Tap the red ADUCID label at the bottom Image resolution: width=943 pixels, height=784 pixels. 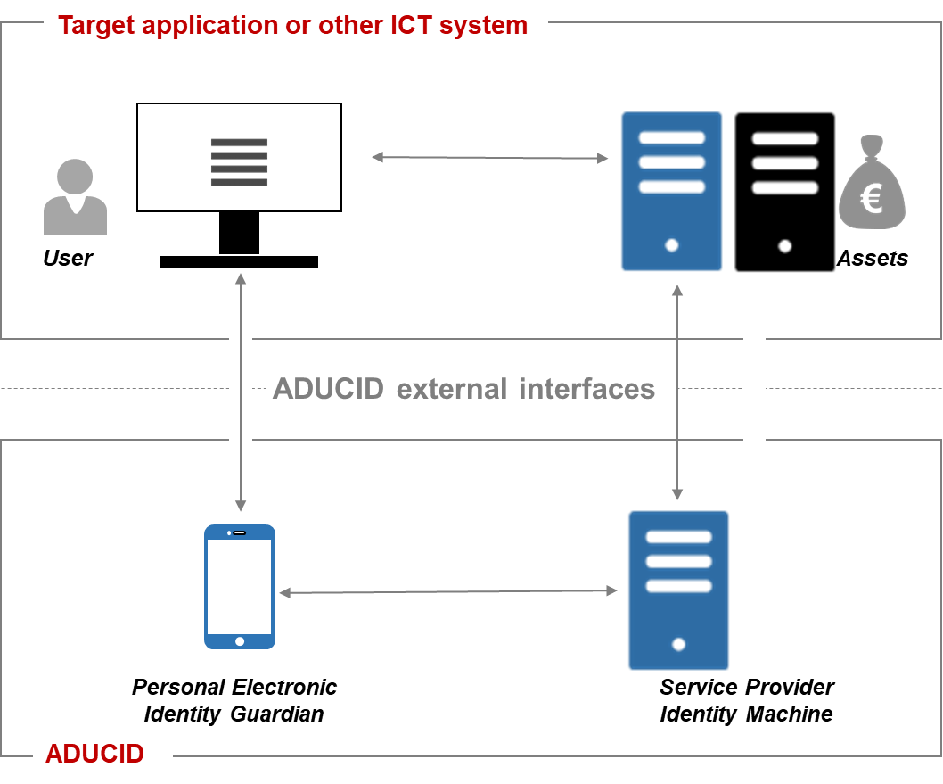click(94, 754)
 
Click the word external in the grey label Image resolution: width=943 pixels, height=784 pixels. click(452, 390)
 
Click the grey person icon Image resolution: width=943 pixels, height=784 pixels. click(75, 197)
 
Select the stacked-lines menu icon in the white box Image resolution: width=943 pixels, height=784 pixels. click(239, 162)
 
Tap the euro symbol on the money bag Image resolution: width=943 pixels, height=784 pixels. click(871, 198)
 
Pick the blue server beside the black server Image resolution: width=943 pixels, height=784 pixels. click(671, 191)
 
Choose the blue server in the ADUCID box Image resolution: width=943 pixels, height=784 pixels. click(678, 590)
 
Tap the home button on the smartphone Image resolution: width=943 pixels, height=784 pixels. click(239, 641)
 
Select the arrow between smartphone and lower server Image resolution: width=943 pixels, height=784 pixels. click(447, 591)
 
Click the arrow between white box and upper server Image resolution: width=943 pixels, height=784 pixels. click(489, 158)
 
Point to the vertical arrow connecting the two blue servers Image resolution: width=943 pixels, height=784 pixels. click(677, 392)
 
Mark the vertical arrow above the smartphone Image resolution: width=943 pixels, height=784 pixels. click(240, 392)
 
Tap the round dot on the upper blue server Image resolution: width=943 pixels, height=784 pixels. click(671, 245)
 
